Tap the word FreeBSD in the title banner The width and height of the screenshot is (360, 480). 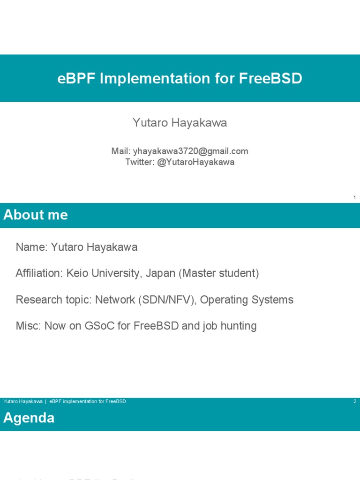[270, 78]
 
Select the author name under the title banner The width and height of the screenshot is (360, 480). [180, 123]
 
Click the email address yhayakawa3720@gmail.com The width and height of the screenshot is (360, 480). [191, 151]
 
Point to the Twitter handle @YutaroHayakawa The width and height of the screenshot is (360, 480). [196, 162]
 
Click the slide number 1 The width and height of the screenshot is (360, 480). [355, 198]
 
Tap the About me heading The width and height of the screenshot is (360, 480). [36, 215]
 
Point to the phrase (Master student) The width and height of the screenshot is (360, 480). [218, 273]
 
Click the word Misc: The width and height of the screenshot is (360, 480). [29, 326]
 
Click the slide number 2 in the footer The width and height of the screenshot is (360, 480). [355, 402]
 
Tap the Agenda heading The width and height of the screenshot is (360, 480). [29, 418]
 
